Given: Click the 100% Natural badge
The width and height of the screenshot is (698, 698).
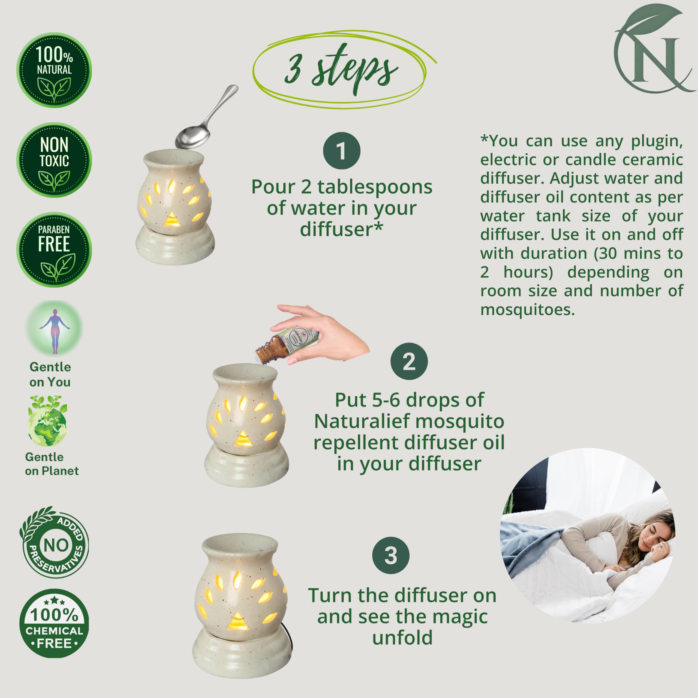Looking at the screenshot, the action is (x=54, y=70).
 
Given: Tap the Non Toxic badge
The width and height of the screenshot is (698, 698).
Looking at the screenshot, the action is (x=54, y=160).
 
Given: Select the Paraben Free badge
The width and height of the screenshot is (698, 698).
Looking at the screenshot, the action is (x=54, y=250).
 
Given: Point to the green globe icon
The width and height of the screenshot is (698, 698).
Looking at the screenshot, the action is (x=47, y=421).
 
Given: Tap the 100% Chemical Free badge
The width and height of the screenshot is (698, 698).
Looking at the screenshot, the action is (x=54, y=624).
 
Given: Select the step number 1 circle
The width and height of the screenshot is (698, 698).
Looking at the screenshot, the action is (x=341, y=151).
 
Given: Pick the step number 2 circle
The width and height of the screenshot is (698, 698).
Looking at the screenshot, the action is (x=409, y=361).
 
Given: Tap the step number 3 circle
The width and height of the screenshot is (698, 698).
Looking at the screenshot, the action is (x=391, y=555).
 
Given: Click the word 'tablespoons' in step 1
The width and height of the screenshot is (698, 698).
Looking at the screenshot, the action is (x=375, y=188).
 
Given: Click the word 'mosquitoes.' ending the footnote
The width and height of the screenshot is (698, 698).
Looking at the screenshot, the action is (x=528, y=310).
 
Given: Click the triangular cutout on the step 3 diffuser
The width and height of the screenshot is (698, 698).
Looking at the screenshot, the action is (x=237, y=621).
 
